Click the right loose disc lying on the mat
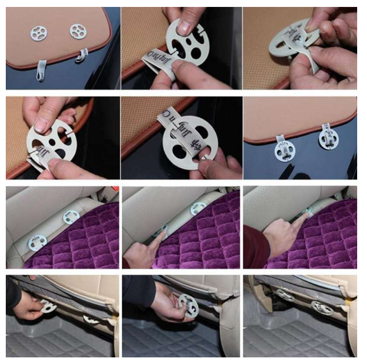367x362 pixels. [x=78, y=31]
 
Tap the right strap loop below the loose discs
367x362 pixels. [x=82, y=55]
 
